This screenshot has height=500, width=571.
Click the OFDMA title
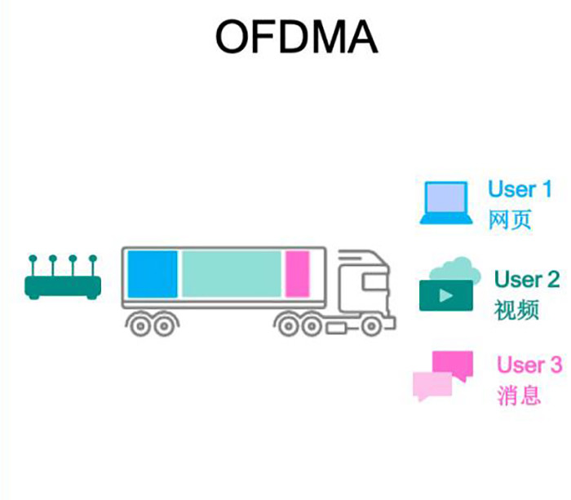(296, 36)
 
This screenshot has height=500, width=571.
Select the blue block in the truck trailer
(153, 274)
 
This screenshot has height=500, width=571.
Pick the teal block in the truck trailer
(231, 274)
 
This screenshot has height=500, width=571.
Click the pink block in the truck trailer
(297, 274)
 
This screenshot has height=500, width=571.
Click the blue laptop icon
(445, 203)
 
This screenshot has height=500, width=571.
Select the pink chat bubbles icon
(443, 375)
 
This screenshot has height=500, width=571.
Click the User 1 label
(520, 189)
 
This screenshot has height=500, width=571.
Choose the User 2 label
(527, 280)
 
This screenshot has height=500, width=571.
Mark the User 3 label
(529, 365)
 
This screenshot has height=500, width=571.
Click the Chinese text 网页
(510, 220)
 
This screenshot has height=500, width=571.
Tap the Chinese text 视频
(516, 310)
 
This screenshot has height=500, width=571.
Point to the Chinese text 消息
(519, 396)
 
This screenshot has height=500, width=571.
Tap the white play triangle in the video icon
(445, 295)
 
